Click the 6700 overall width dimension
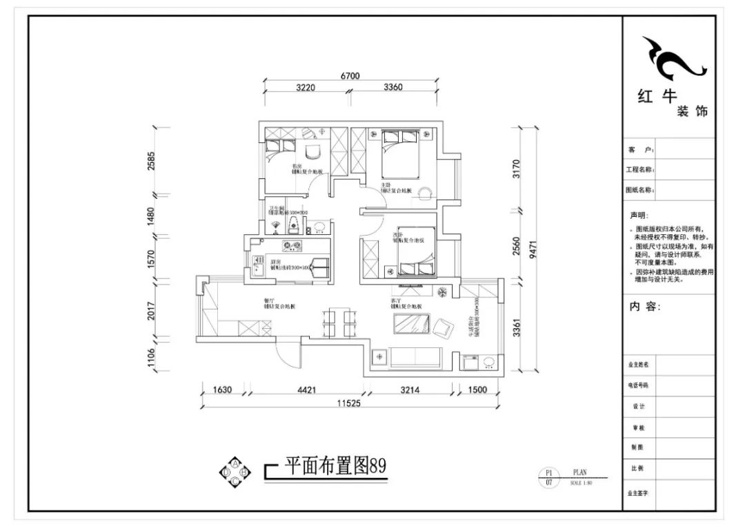(350, 76)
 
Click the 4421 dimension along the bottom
(307, 390)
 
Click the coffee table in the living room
(410, 323)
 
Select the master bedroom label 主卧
(387, 186)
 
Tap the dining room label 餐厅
(269, 300)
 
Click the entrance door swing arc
(284, 356)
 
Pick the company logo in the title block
(673, 59)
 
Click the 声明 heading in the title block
(639, 215)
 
